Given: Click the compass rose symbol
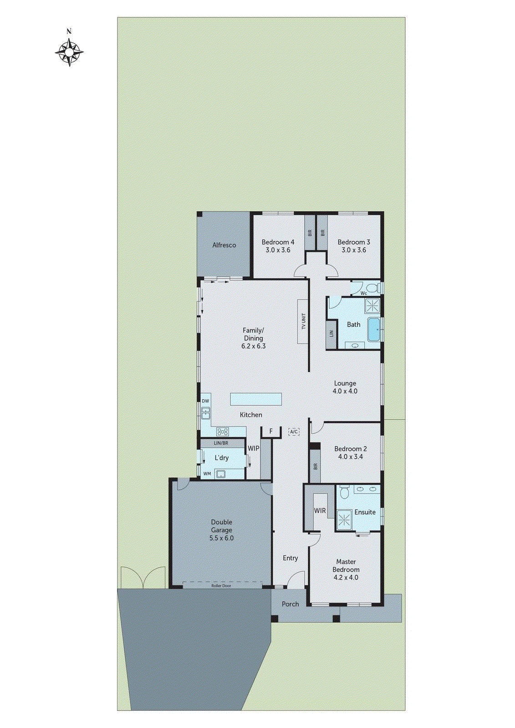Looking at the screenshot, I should (x=69, y=52).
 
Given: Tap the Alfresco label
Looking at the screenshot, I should (x=224, y=245).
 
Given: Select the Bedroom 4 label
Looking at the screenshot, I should (x=278, y=242).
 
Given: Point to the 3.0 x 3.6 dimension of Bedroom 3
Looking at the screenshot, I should (x=354, y=250).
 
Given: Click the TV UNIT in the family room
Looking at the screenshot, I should (x=303, y=321).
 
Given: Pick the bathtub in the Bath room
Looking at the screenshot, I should (x=374, y=329).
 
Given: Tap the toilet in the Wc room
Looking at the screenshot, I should (x=373, y=288).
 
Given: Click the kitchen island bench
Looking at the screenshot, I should (x=255, y=399).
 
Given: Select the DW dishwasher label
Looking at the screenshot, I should (x=205, y=401).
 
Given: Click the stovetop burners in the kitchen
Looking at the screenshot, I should (x=222, y=431).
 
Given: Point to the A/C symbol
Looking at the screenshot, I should (x=294, y=431).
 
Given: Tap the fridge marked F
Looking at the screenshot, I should (x=271, y=431).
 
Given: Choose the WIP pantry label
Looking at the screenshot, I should (x=254, y=448).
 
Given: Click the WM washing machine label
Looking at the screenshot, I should (x=207, y=474).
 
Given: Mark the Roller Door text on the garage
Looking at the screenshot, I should (x=221, y=586).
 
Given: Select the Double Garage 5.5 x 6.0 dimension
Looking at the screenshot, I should (x=221, y=538).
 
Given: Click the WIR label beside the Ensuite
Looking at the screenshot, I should (x=320, y=511).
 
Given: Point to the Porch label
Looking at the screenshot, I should (x=290, y=604).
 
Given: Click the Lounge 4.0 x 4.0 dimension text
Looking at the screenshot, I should (x=345, y=391).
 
